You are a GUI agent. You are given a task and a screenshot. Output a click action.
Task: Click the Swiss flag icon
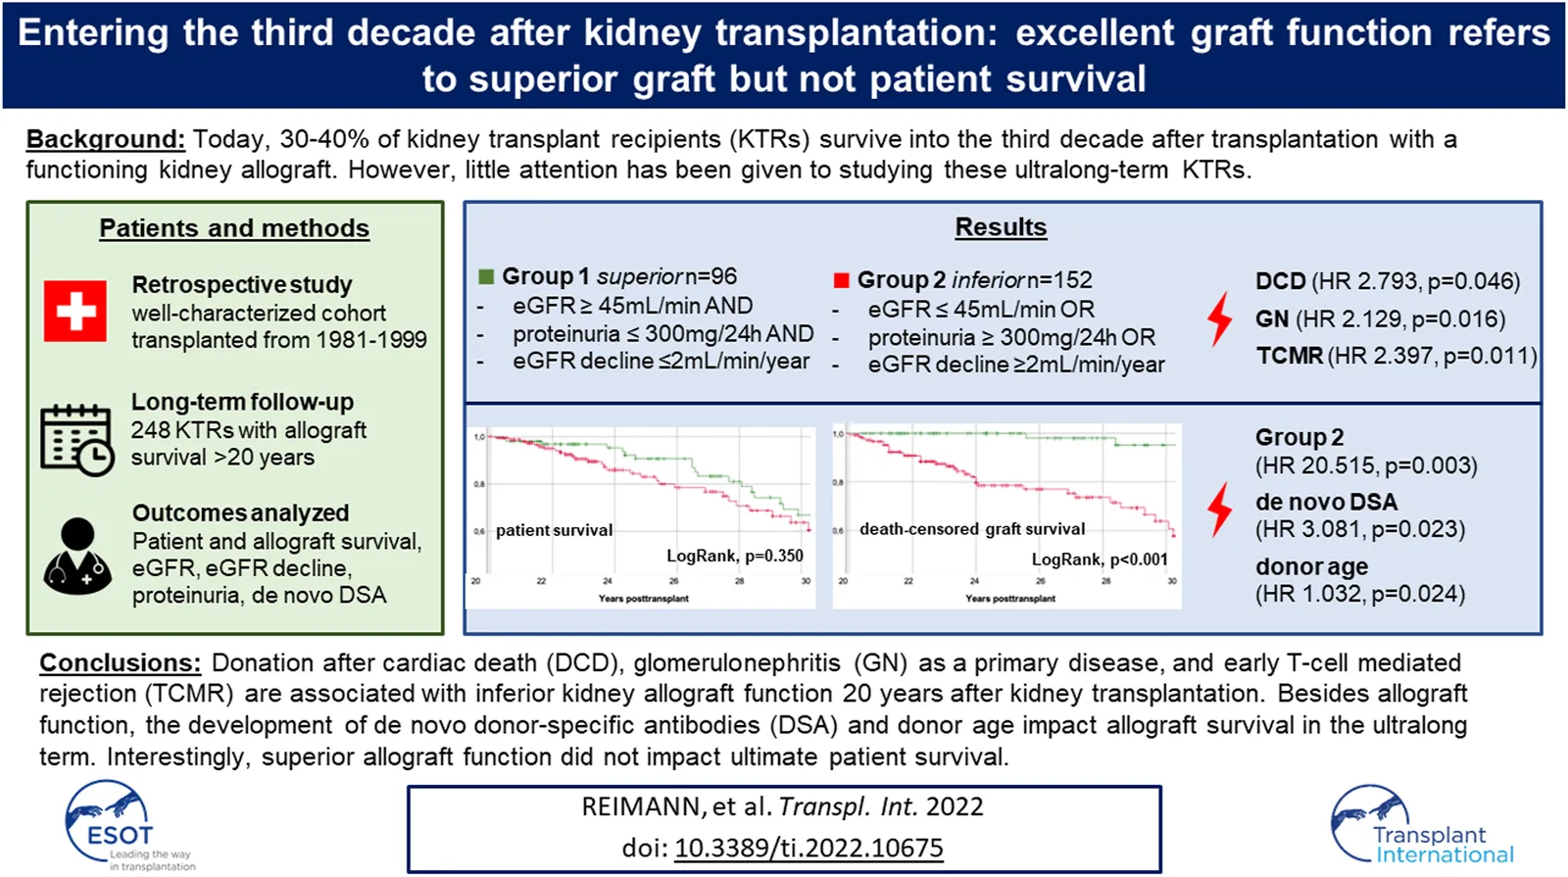pos(75,312)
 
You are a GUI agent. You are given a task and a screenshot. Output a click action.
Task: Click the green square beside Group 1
pos(486,277)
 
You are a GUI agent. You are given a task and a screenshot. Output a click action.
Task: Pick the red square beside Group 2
pos(841,280)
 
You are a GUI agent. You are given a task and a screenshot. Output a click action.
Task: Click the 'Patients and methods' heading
pos(234,228)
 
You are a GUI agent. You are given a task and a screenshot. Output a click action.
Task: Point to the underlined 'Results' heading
pos(1001,227)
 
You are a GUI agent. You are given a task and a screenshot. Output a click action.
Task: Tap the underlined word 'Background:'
pos(105,139)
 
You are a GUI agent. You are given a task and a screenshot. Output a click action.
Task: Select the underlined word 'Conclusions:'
pos(120,663)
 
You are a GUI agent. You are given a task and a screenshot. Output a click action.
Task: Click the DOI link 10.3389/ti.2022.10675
pos(808,848)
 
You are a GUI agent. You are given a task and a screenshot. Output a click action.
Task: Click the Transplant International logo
pos(1421,825)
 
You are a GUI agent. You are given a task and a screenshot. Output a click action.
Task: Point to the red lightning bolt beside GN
pos(1219,319)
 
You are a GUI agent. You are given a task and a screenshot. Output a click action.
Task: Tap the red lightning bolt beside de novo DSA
pos(1219,509)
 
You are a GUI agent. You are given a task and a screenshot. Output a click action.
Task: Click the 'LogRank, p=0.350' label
pos(735,556)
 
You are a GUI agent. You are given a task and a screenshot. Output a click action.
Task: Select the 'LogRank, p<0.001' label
pos(1100,559)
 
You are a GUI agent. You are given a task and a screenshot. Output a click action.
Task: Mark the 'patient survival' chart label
pos(554,530)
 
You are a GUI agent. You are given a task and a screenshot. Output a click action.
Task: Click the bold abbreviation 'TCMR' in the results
pos(1290,356)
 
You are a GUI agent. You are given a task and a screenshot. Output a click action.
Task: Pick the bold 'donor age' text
pos(1311,566)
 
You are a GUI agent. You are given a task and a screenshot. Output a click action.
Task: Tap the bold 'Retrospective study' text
pos(242,285)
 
